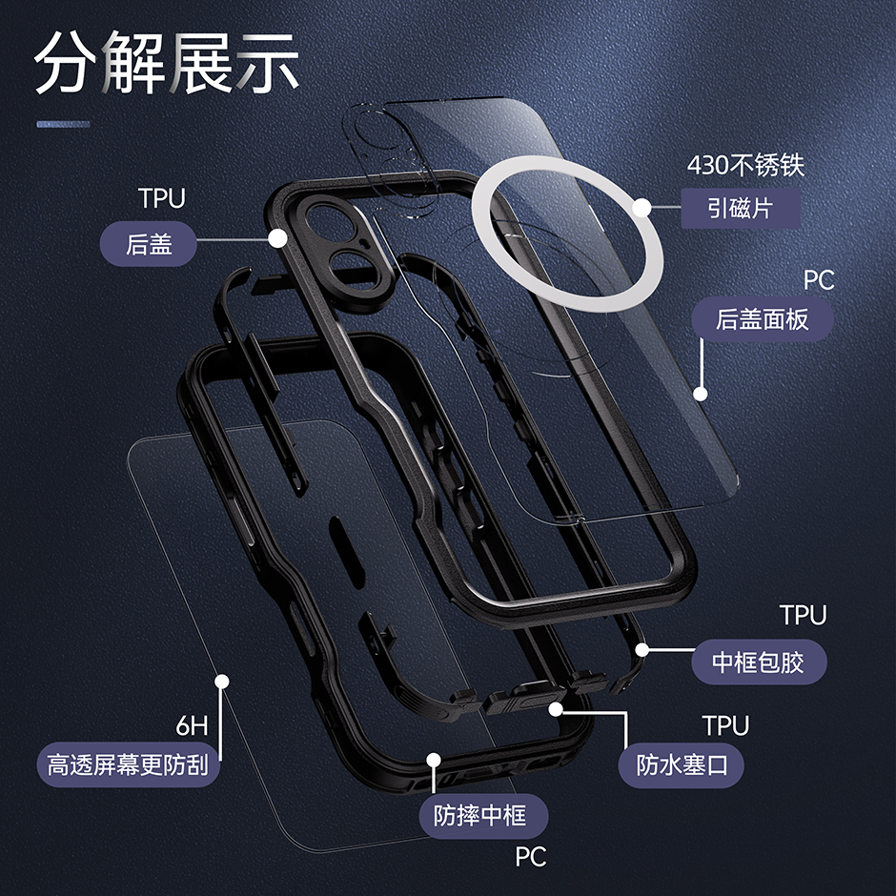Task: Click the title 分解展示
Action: tap(166, 63)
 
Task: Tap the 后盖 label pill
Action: tap(149, 244)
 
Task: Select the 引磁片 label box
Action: tap(741, 208)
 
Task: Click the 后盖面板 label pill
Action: tap(763, 319)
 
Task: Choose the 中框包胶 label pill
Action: tap(759, 662)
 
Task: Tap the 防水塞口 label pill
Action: tap(682, 765)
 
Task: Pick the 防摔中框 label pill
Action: tap(483, 815)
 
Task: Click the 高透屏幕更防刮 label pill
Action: tap(129, 764)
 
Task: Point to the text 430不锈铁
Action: tap(745, 165)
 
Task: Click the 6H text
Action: tap(192, 725)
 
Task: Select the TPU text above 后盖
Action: tap(162, 198)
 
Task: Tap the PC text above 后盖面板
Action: tap(819, 280)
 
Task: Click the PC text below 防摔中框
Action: tap(531, 857)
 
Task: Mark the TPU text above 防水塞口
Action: tap(725, 725)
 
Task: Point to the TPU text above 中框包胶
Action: tap(804, 616)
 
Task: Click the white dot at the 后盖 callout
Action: tap(277, 238)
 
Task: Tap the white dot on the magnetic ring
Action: tap(642, 208)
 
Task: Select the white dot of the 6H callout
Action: tap(222, 682)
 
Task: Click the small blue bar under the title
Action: tap(64, 124)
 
